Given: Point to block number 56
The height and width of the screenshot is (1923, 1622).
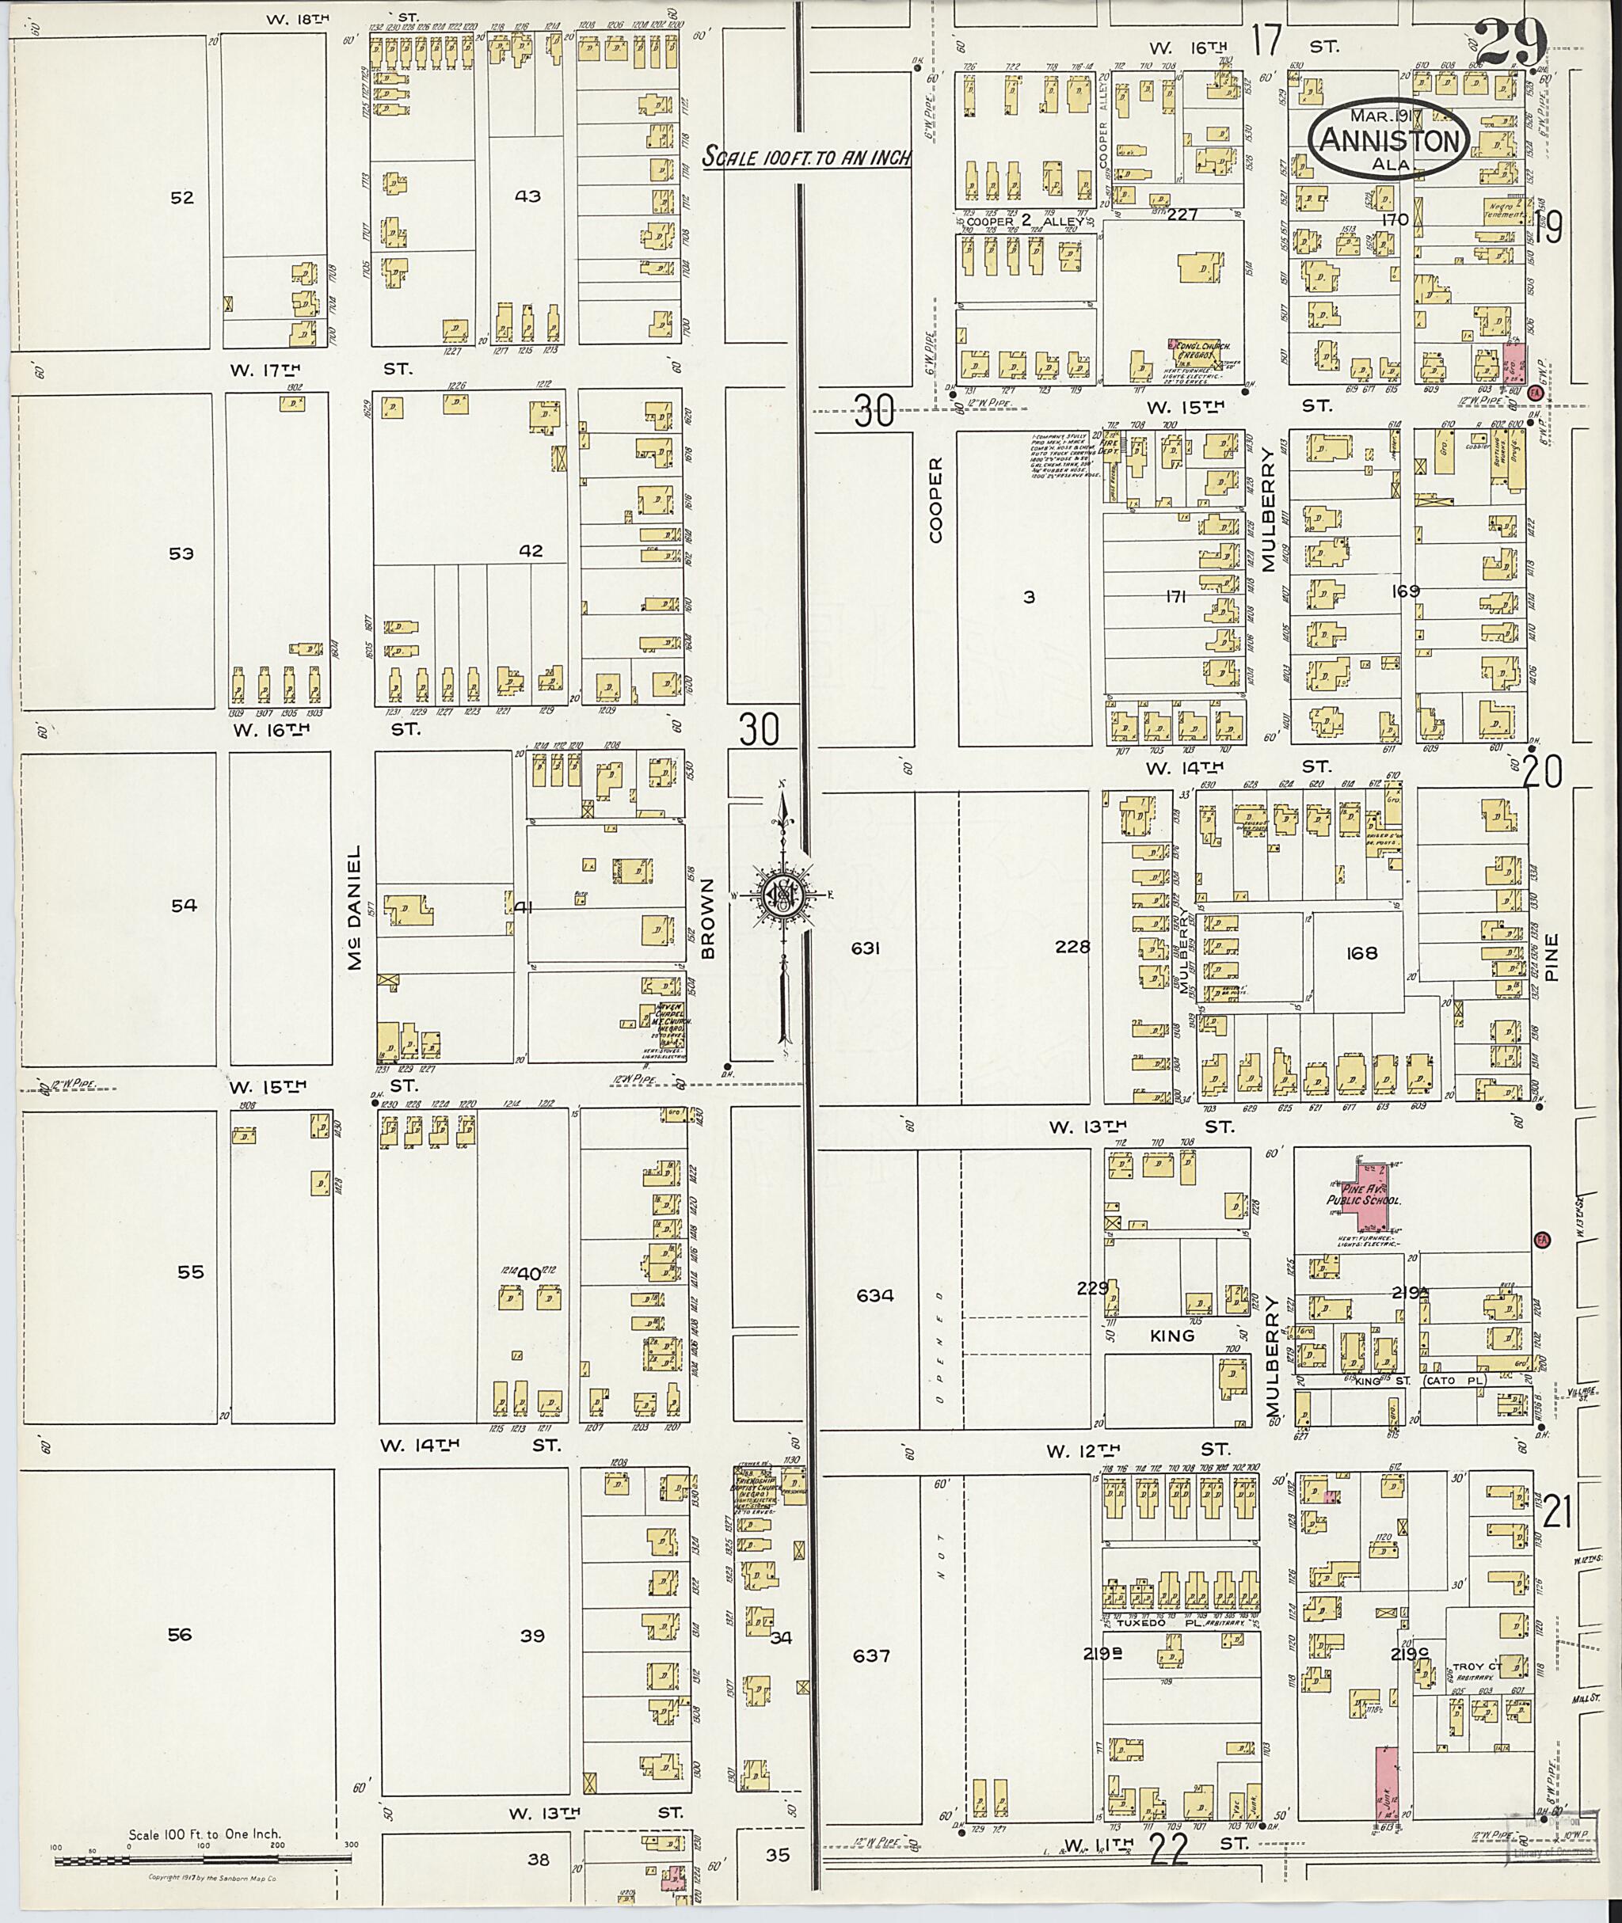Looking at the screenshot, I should pos(181,1634).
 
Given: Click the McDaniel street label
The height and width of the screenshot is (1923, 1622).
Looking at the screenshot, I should pos(354,908).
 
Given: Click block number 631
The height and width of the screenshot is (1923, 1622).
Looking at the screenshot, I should pos(866,947).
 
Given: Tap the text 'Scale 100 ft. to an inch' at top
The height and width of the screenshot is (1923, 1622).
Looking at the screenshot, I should pos(806,158).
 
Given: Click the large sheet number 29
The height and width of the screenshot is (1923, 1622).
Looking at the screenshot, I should pos(1509,41).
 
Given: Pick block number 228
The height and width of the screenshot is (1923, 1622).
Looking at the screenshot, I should pos(1072,947).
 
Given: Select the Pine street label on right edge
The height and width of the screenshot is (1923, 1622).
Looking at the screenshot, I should pos(1552,958).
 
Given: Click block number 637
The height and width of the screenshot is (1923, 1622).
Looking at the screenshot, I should pos(872,1656).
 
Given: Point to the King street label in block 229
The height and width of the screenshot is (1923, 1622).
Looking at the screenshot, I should pos(1171,1335).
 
